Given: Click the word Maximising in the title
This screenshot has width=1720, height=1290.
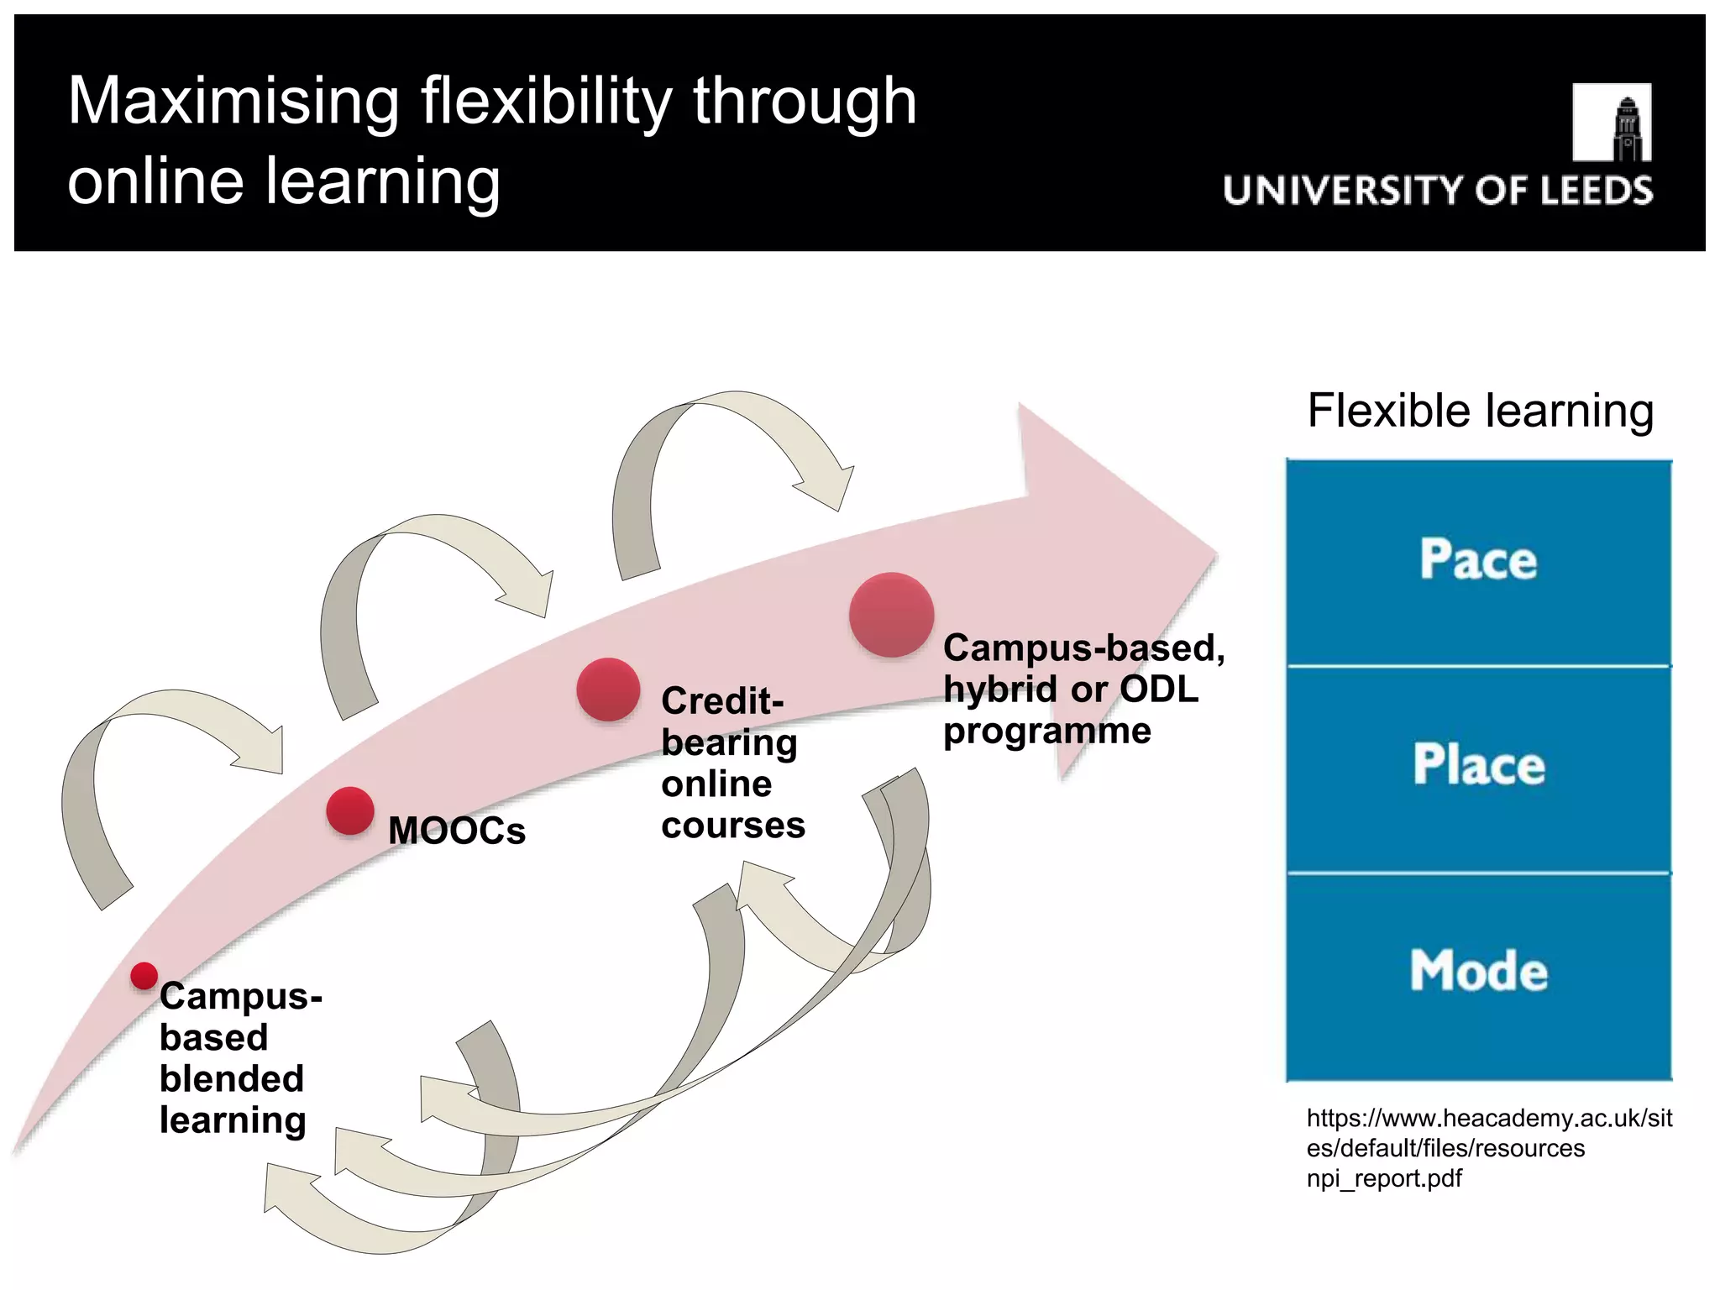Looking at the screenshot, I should (233, 101).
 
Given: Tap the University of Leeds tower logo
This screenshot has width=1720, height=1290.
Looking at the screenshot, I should (1611, 123).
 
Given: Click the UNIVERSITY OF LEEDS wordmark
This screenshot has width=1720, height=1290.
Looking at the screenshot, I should (1438, 191).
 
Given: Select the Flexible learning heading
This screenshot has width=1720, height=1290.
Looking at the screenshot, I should (1480, 411).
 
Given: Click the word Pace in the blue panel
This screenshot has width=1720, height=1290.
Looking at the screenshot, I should (1478, 559).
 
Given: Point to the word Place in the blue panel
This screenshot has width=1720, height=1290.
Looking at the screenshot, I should (1478, 764).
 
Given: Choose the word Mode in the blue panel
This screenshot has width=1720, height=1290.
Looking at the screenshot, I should (1478, 971).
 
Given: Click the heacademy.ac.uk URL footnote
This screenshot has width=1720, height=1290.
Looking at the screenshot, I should (1488, 1147).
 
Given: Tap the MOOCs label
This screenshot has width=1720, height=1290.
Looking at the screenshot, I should (457, 831).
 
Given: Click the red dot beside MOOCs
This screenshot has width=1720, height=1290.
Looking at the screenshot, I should (350, 811).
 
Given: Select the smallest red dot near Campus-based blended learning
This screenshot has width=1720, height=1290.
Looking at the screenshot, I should (144, 976).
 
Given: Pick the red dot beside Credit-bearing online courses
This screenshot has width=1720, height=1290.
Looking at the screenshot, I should (608, 689).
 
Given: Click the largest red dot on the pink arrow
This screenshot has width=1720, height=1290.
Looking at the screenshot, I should (891, 615).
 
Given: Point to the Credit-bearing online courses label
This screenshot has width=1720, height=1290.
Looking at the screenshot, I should (732, 763).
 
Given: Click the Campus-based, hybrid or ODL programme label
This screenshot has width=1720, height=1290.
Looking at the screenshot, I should (1083, 689).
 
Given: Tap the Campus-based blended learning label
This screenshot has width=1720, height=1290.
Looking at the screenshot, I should (239, 1057).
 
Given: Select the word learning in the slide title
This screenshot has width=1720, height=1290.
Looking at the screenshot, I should (383, 181).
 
